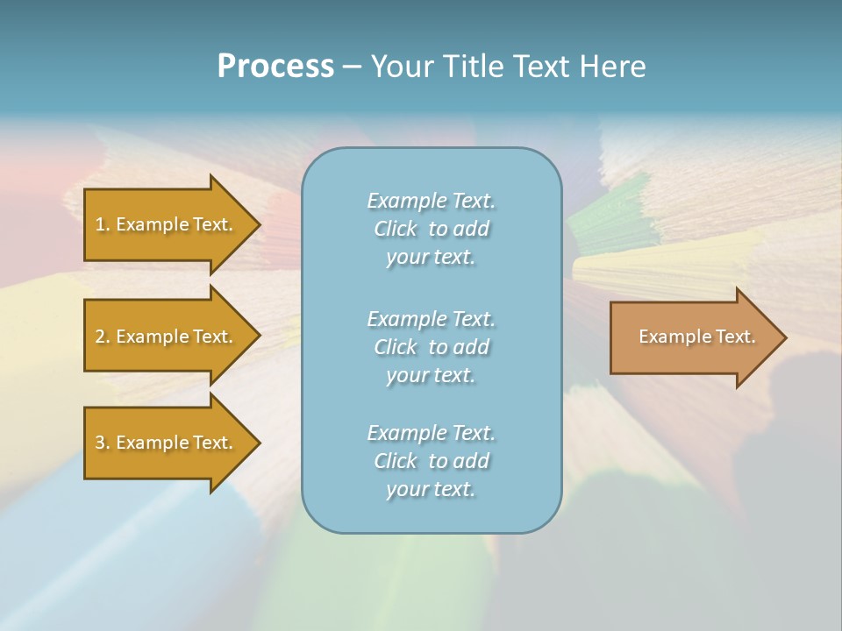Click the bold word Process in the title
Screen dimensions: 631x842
coord(275,67)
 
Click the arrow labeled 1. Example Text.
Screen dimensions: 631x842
coord(163,224)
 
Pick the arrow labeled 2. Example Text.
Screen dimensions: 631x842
coord(163,337)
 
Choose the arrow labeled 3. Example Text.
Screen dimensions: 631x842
coord(163,443)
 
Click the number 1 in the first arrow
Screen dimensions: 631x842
coord(100,224)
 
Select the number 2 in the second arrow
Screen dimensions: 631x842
coord(100,337)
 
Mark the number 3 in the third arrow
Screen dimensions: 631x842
coord(100,443)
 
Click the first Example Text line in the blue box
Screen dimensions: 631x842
coord(431,201)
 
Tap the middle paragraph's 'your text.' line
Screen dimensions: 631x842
coord(431,375)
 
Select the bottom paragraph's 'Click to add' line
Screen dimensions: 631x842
coord(431,461)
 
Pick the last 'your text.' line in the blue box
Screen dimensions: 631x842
coord(431,489)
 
